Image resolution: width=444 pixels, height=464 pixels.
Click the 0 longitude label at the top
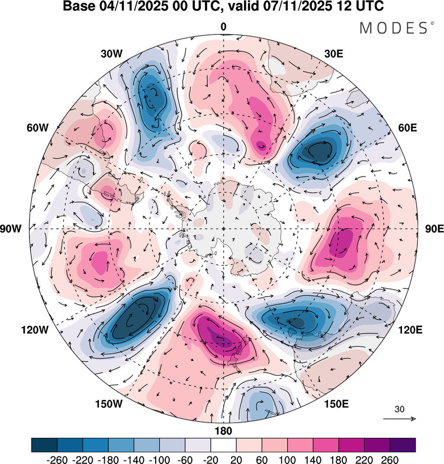click(x=223, y=27)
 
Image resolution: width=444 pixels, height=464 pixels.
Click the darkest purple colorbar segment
click(x=403, y=444)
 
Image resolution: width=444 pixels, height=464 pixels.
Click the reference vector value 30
click(x=400, y=409)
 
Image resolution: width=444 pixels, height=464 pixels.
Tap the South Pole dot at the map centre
click(x=223, y=229)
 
